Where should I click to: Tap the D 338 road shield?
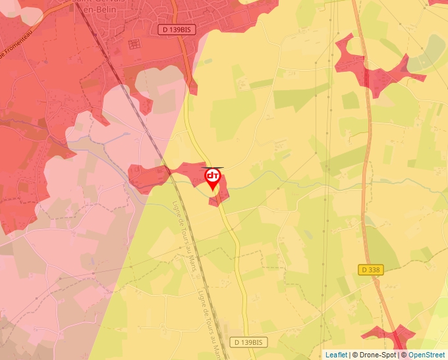pyautogui.click(x=371, y=270)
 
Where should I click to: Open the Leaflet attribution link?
pyautogui.click(x=336, y=355)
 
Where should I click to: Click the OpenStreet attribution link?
pyautogui.click(x=426, y=355)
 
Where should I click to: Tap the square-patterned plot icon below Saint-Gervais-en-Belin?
pyautogui.click(x=134, y=44)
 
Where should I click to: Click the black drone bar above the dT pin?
pyautogui.click(x=212, y=168)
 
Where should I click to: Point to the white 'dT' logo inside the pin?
pyautogui.click(x=212, y=176)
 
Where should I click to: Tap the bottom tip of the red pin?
pyautogui.click(x=212, y=192)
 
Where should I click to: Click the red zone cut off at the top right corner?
pyautogui.click(x=438, y=2)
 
